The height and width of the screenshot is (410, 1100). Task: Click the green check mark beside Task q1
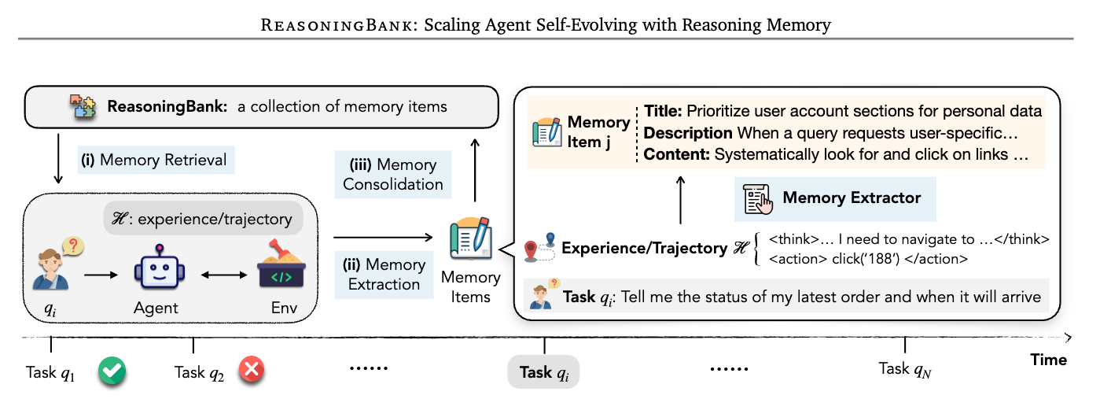coord(112,371)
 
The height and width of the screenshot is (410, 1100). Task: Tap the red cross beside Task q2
coord(252,371)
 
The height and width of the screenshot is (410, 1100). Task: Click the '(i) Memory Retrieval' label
coord(156,161)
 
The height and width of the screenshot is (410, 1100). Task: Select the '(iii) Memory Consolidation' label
coord(393,175)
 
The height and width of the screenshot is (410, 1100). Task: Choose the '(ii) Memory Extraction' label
coord(384,274)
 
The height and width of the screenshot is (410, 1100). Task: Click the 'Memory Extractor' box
coord(835,198)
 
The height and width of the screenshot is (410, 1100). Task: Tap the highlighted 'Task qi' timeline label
coord(543,371)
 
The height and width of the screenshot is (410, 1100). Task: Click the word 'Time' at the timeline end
coord(1048,360)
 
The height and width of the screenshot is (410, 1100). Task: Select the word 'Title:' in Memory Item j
coord(663,111)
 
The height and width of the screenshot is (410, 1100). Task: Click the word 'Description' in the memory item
coord(688,133)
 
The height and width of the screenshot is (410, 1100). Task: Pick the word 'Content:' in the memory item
coord(677,155)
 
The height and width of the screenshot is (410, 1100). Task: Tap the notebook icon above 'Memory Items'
coord(470,240)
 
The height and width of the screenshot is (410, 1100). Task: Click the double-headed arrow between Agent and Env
coord(222,275)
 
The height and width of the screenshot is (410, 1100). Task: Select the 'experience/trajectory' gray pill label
coord(203,220)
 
